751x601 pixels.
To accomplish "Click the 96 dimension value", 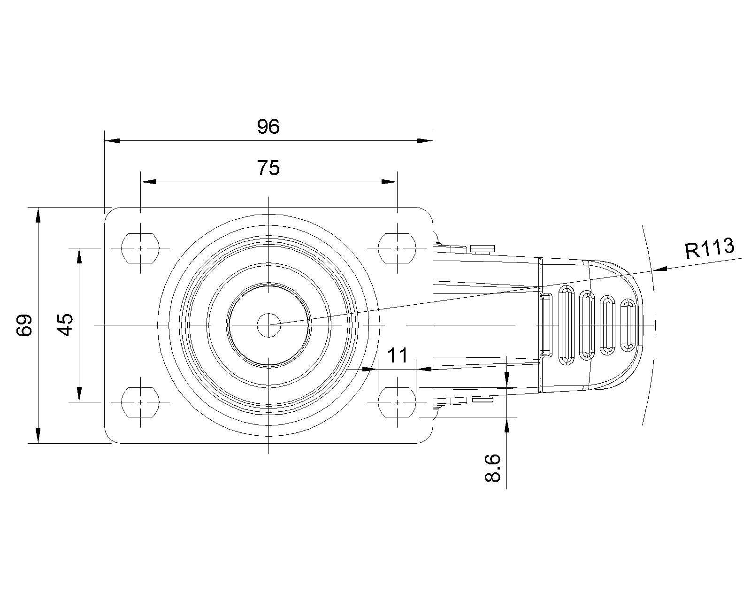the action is point(268,126).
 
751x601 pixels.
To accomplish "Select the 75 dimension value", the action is point(268,168).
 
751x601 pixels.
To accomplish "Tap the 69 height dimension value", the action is point(24,325).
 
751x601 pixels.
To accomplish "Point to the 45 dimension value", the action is point(65,325).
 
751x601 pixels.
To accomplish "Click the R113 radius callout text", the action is point(710,248).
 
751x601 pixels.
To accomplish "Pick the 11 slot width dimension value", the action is point(397,355).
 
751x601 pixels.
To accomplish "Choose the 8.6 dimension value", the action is point(492,468).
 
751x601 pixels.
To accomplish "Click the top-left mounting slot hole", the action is point(140,248).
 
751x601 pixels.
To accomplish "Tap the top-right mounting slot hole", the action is point(397,248).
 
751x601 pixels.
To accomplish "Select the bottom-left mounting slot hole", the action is point(140,402).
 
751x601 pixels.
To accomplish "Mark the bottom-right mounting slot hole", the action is point(397,402).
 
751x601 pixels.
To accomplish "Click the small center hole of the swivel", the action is point(268,325).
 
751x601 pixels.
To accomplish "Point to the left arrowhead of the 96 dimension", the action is point(112,141).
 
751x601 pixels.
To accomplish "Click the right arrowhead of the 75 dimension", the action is point(390,182).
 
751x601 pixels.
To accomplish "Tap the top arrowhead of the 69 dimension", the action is point(38,215).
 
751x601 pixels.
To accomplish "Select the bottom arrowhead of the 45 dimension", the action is point(79,394).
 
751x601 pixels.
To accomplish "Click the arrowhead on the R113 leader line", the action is point(660,269).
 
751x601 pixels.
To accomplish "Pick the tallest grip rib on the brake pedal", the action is point(567,325).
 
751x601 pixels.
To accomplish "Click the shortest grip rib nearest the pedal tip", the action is point(628,325).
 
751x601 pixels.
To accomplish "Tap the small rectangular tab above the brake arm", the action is point(483,249).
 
